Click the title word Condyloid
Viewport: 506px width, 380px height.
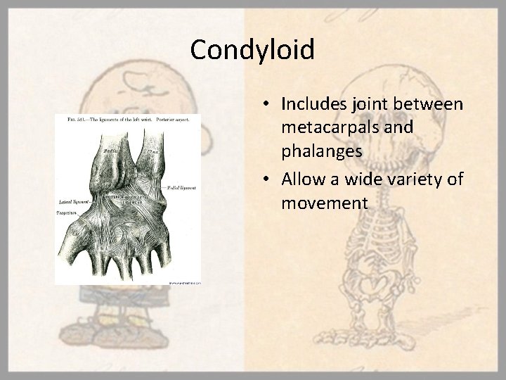pos(252,50)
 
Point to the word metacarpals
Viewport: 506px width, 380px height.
pos(330,129)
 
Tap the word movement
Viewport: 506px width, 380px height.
pos(324,203)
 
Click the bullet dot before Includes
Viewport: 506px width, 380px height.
pos(269,105)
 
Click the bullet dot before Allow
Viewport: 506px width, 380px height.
pos(269,179)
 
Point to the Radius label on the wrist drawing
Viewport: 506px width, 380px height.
pos(110,150)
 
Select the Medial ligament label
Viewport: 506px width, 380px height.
pos(181,189)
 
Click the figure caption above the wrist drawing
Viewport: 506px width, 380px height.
pos(126,121)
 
